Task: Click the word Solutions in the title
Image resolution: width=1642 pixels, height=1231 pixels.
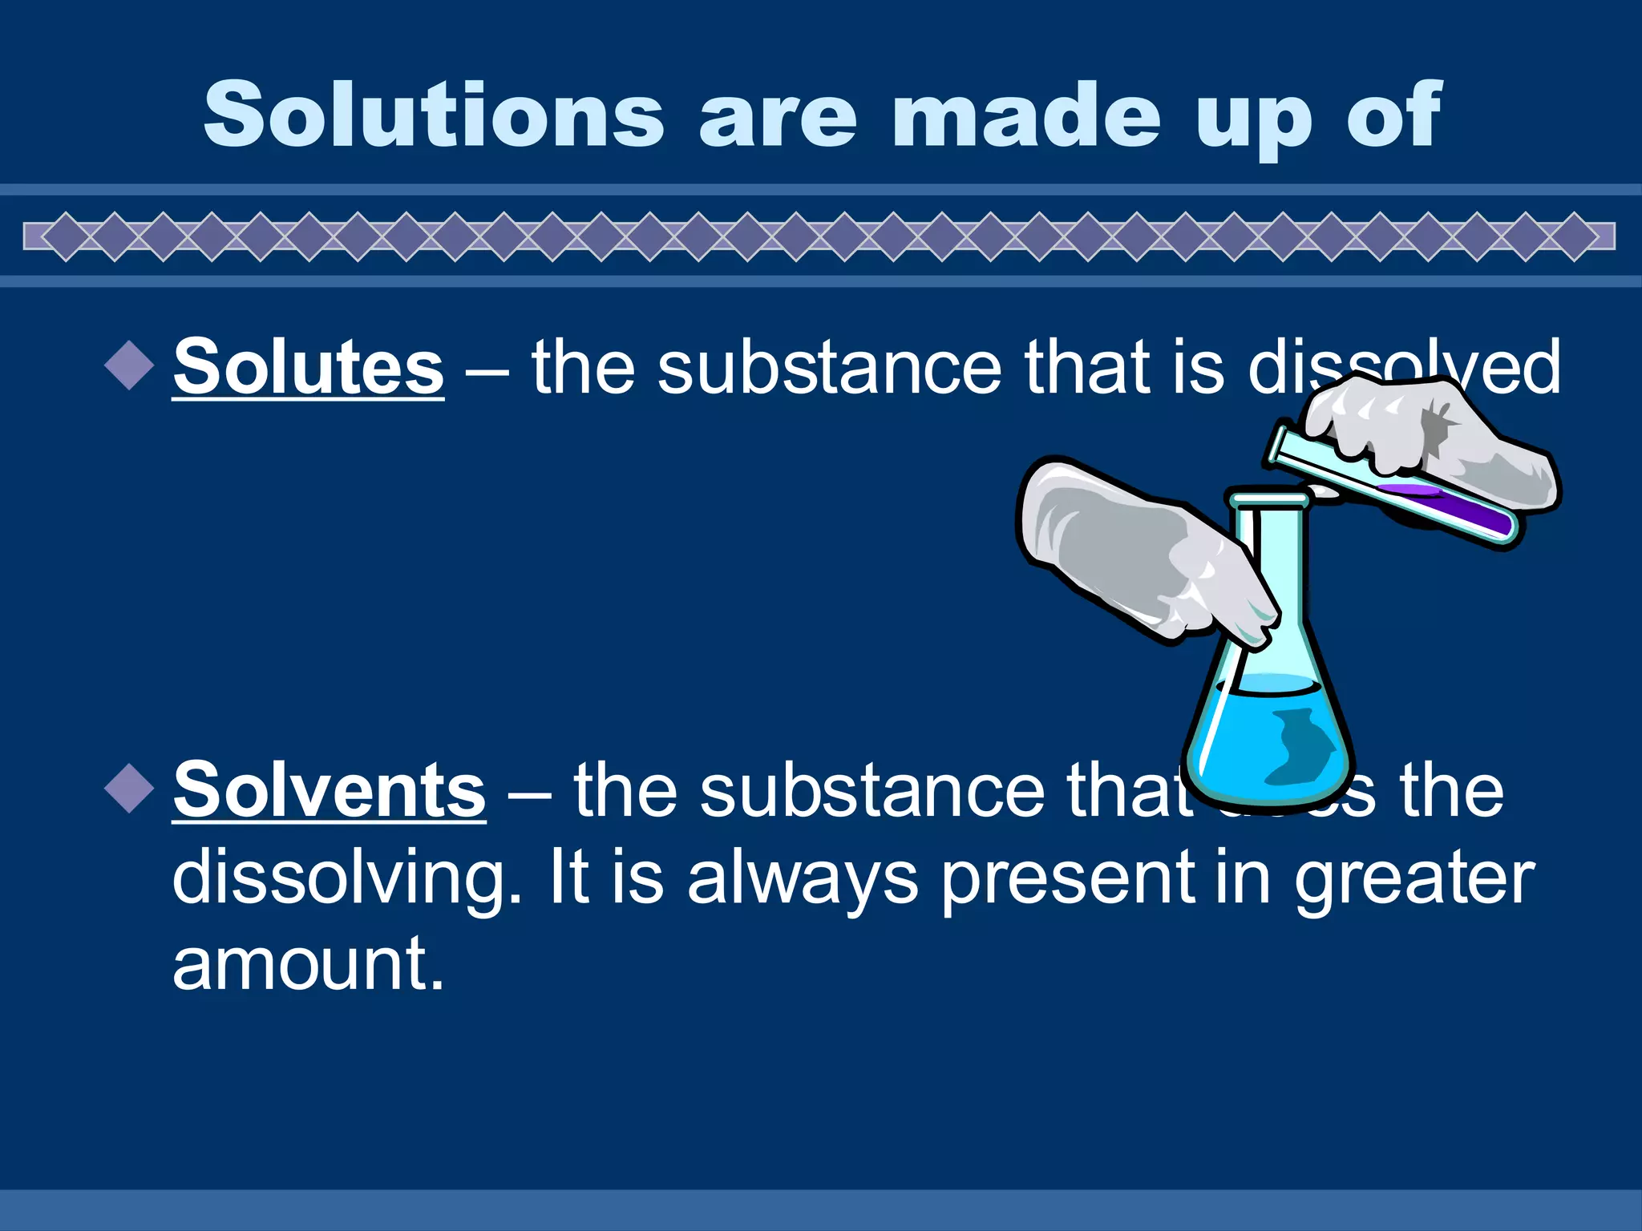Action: pyautogui.click(x=434, y=116)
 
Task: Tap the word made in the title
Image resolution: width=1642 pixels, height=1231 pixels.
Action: pyautogui.click(x=1025, y=116)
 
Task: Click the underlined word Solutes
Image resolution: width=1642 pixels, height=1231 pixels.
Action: pyautogui.click(x=308, y=367)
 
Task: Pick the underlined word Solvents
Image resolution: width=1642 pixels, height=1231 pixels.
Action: pyautogui.click(x=329, y=790)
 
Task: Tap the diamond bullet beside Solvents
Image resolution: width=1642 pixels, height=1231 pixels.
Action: pyautogui.click(x=129, y=789)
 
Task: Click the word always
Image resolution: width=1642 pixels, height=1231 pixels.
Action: pyautogui.click(x=802, y=878)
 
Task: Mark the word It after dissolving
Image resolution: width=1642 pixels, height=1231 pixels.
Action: pyautogui.click(x=568, y=878)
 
